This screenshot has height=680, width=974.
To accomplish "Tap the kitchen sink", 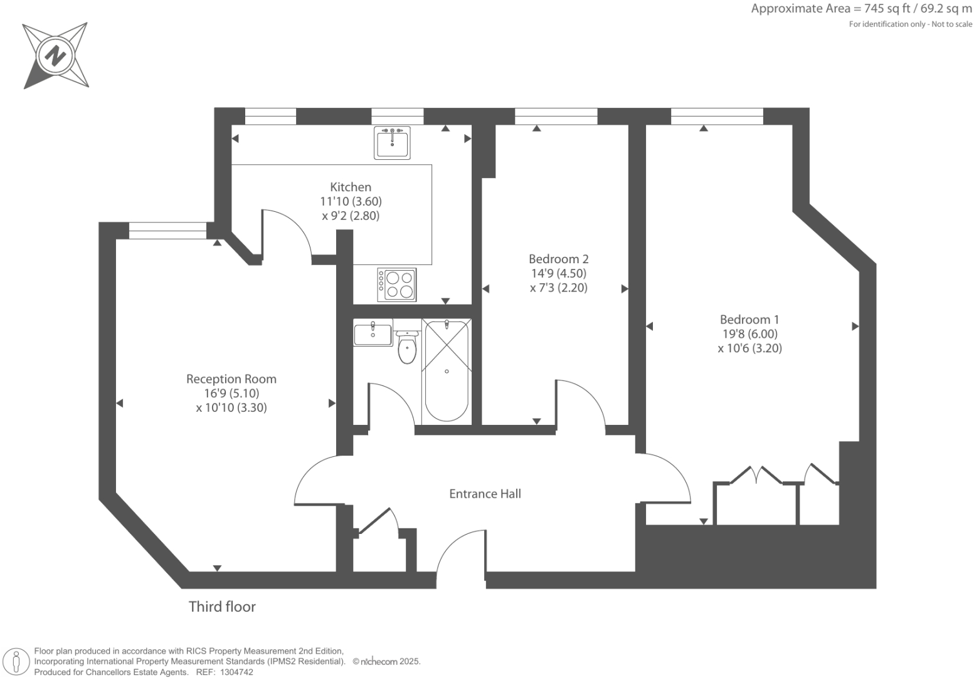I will click(x=392, y=143).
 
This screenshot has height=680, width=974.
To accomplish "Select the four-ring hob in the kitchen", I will click(x=397, y=285).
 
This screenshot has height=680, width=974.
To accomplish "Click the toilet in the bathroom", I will click(x=407, y=348).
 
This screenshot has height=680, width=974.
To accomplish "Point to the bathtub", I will click(x=447, y=371).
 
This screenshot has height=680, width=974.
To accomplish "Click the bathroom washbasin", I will click(x=373, y=333).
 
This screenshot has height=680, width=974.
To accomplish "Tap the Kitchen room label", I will click(x=351, y=187).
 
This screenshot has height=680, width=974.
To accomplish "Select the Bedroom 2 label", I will click(x=558, y=259).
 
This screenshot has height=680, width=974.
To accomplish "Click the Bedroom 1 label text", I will click(x=749, y=320).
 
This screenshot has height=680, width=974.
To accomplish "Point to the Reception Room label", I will click(x=231, y=379).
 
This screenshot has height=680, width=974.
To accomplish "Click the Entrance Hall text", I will click(x=485, y=494).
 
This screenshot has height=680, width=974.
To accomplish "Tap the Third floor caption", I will click(x=222, y=607).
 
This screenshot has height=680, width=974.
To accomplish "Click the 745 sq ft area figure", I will click(x=877, y=9).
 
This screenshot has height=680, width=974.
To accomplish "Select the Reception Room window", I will click(x=167, y=231).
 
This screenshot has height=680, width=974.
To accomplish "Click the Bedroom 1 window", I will click(x=717, y=116).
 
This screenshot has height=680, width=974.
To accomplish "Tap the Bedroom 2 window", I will click(x=556, y=116).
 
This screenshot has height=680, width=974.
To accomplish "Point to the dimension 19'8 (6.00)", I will click(x=749, y=334).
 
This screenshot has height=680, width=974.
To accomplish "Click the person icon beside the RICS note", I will click(x=18, y=661).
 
